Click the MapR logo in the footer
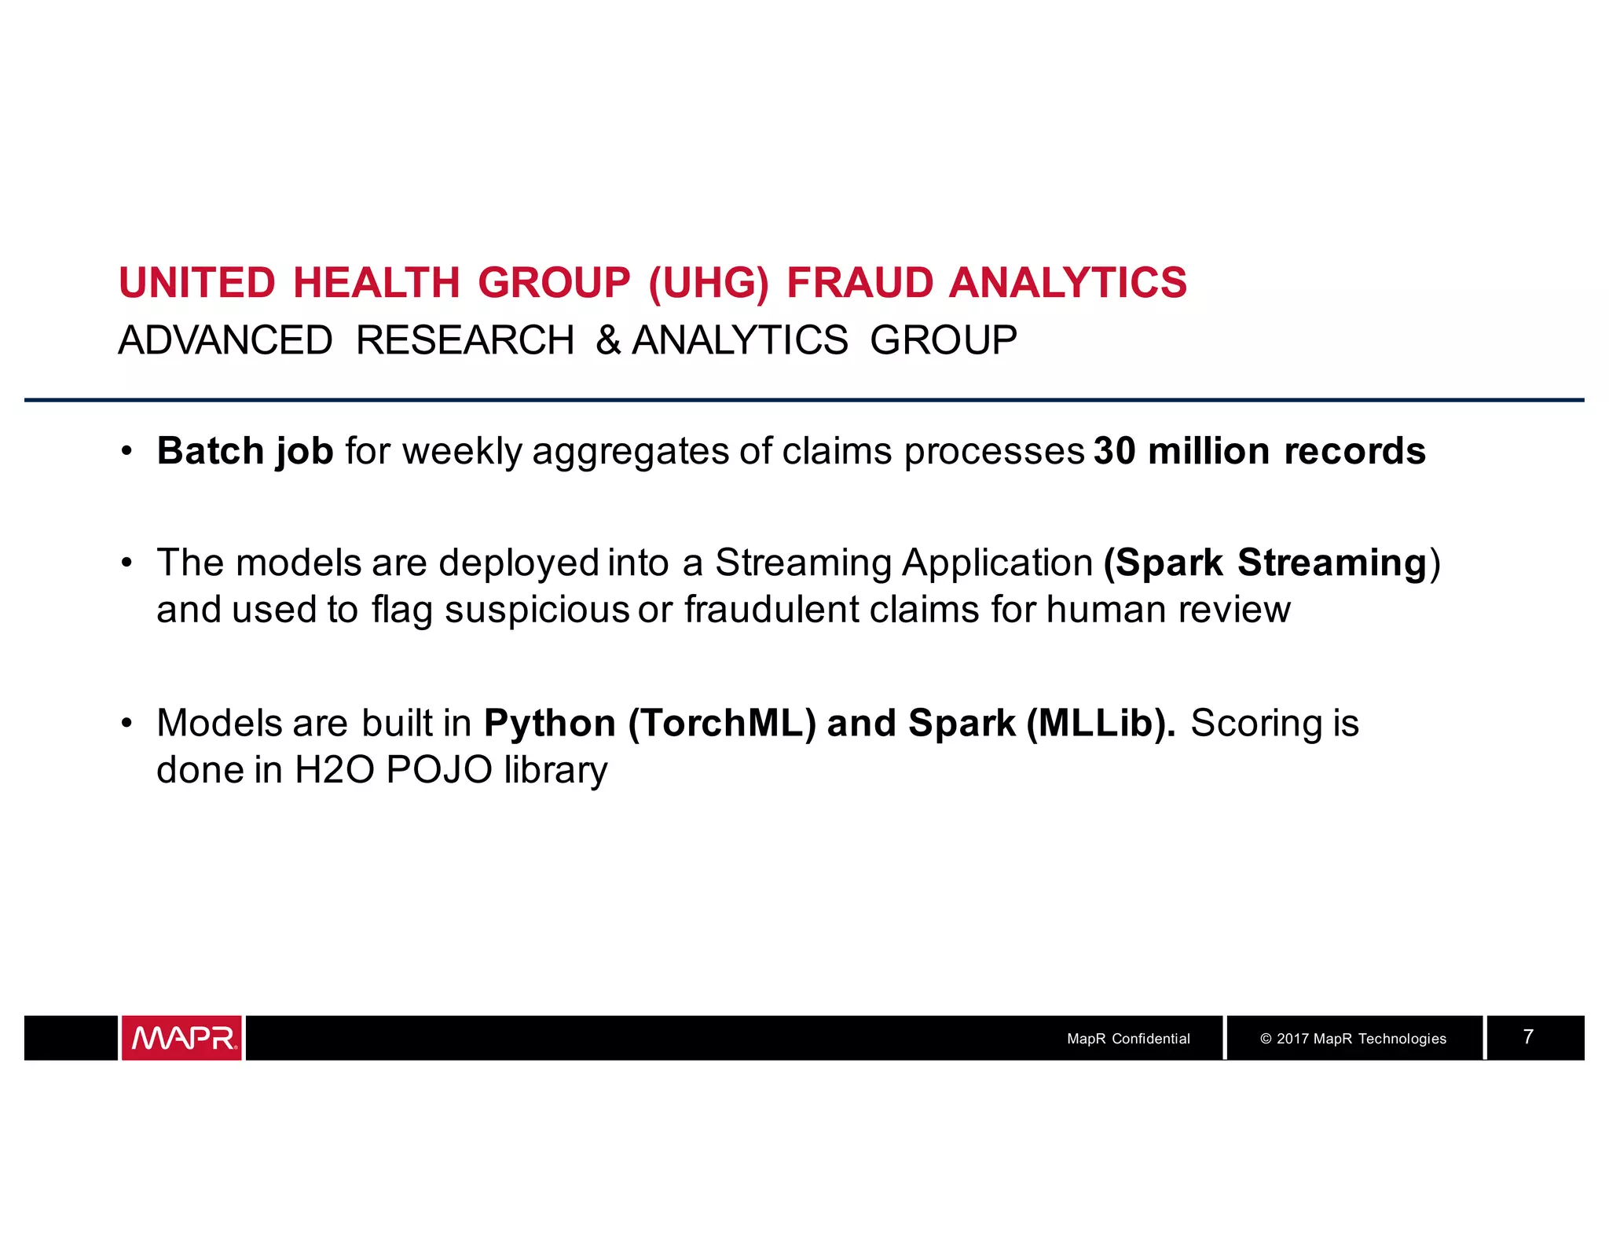181,1038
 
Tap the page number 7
1528,1037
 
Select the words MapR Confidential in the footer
1128,1039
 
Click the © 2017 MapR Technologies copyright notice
1353,1039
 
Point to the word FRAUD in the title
859,283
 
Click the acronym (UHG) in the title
709,283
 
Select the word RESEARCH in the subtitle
465,341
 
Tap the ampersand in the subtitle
608,341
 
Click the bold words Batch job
245,452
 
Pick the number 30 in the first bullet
1115,452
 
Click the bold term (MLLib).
1101,724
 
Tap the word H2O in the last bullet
335,770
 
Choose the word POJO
439,770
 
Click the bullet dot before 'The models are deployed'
126,563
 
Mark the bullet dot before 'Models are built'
126,724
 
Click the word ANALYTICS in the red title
1068,283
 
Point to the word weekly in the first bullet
462,452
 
